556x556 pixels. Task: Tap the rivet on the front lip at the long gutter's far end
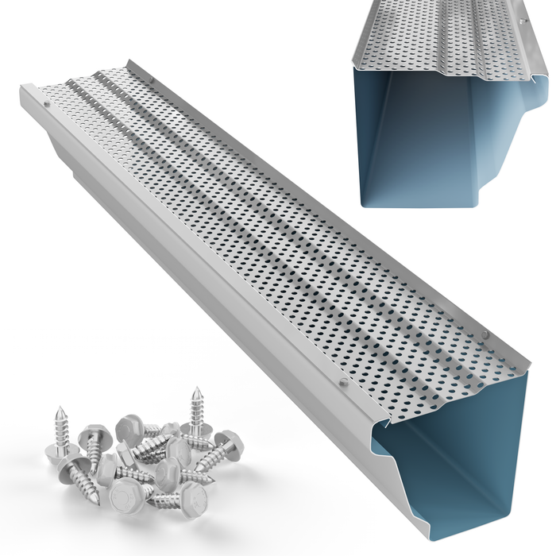(47, 102)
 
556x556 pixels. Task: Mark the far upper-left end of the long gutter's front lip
(24, 90)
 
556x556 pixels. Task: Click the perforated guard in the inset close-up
(445, 40)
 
